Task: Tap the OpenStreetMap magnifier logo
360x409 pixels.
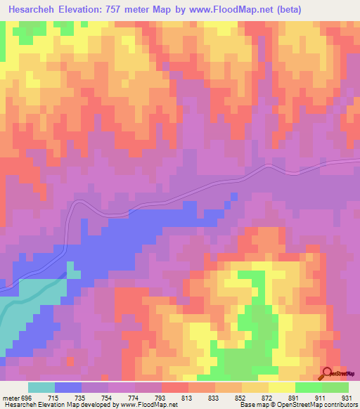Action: (328, 374)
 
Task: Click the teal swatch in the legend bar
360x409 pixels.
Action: (41, 388)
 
